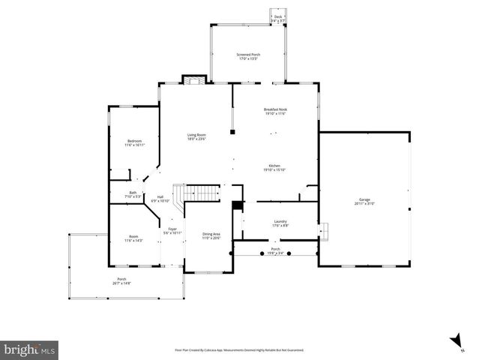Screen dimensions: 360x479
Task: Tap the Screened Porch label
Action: pos(247,56)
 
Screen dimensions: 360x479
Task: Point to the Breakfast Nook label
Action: pos(275,112)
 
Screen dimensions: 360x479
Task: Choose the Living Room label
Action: pos(196,137)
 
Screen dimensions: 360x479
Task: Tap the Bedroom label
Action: pos(134,142)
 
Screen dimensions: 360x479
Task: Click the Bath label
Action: pos(133,194)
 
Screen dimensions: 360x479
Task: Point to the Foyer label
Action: pos(172,231)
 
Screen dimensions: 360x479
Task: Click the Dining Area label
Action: pos(211,236)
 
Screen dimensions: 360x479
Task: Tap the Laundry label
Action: pos(280,223)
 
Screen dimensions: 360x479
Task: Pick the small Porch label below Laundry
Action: pos(275,250)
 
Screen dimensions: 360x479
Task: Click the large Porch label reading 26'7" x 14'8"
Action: pos(121,281)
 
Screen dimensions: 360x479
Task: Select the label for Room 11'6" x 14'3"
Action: pos(133,238)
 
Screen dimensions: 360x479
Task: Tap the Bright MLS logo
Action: pos(29,349)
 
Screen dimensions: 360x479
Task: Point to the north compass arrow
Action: pos(455,342)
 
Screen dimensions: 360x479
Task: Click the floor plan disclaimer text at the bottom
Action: pos(239,349)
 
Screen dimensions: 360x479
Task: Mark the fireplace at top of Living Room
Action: pos(193,79)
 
